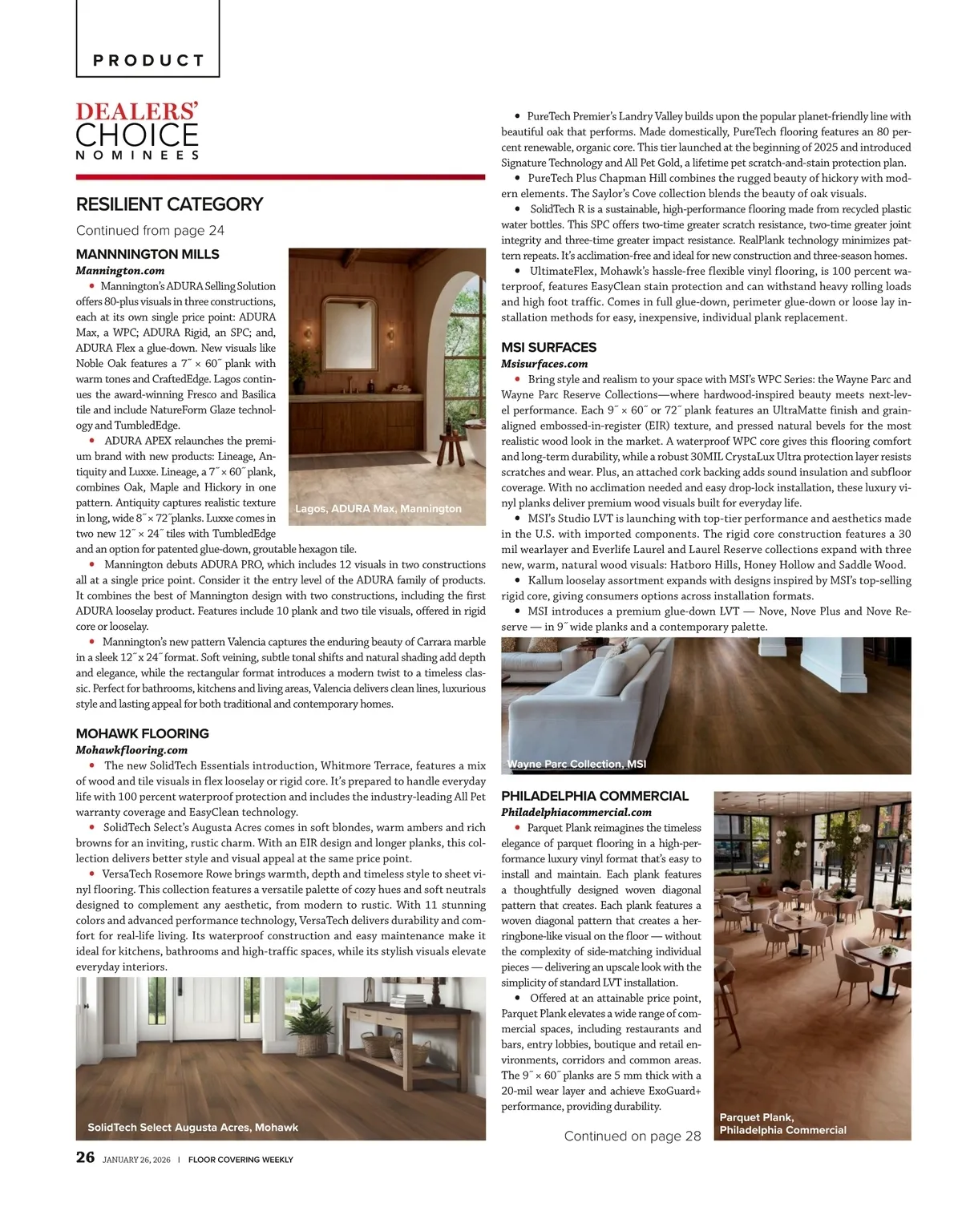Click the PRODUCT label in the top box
pos(148,60)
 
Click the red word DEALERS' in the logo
pos(137,111)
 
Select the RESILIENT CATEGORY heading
pos(169,204)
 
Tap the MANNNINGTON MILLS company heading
pos(148,254)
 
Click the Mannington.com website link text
pos(120,271)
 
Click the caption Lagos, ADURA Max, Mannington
pos(378,509)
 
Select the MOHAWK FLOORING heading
pos(142,733)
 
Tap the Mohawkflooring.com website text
pos(131,750)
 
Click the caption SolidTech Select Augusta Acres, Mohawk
pos(192,1128)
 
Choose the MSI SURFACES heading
pos(548,347)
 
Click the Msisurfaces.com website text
pos(544,364)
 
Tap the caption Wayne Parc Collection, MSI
pos(576,765)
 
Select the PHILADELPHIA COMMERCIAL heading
pos(594,796)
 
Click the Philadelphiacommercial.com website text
pos(576,813)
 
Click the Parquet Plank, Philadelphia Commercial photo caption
pos(782,1124)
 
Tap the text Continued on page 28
pos(632,1136)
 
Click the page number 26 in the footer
pos(85,1157)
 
